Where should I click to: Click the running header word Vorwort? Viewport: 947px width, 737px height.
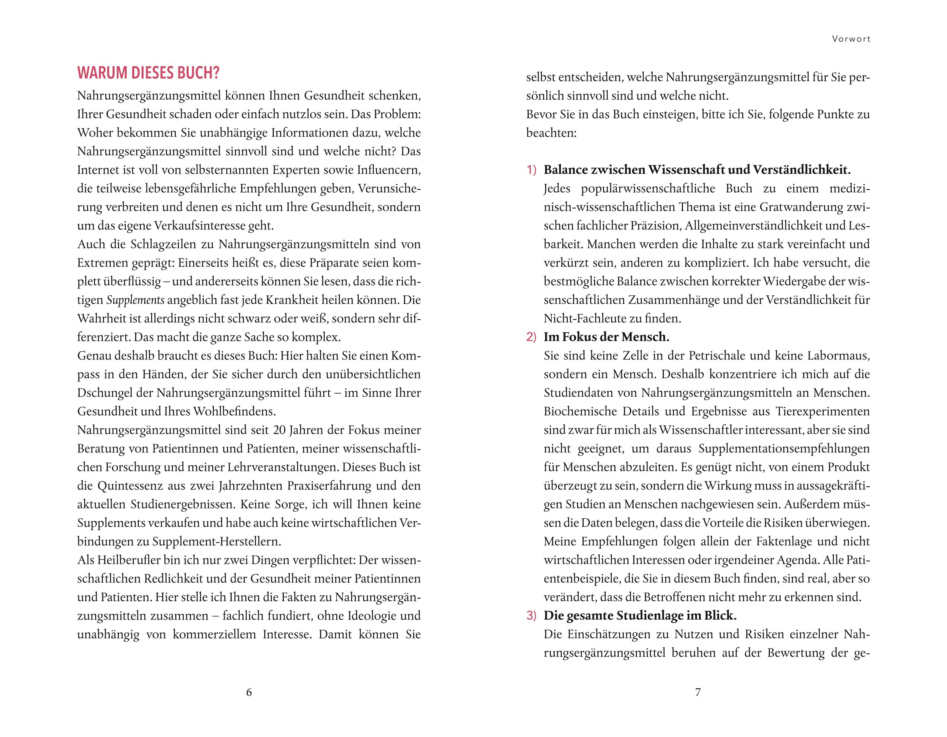(851, 39)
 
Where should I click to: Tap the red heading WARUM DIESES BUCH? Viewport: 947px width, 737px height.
(148, 73)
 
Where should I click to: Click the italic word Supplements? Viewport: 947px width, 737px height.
(135, 300)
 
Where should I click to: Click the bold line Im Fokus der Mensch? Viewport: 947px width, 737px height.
(606, 337)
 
